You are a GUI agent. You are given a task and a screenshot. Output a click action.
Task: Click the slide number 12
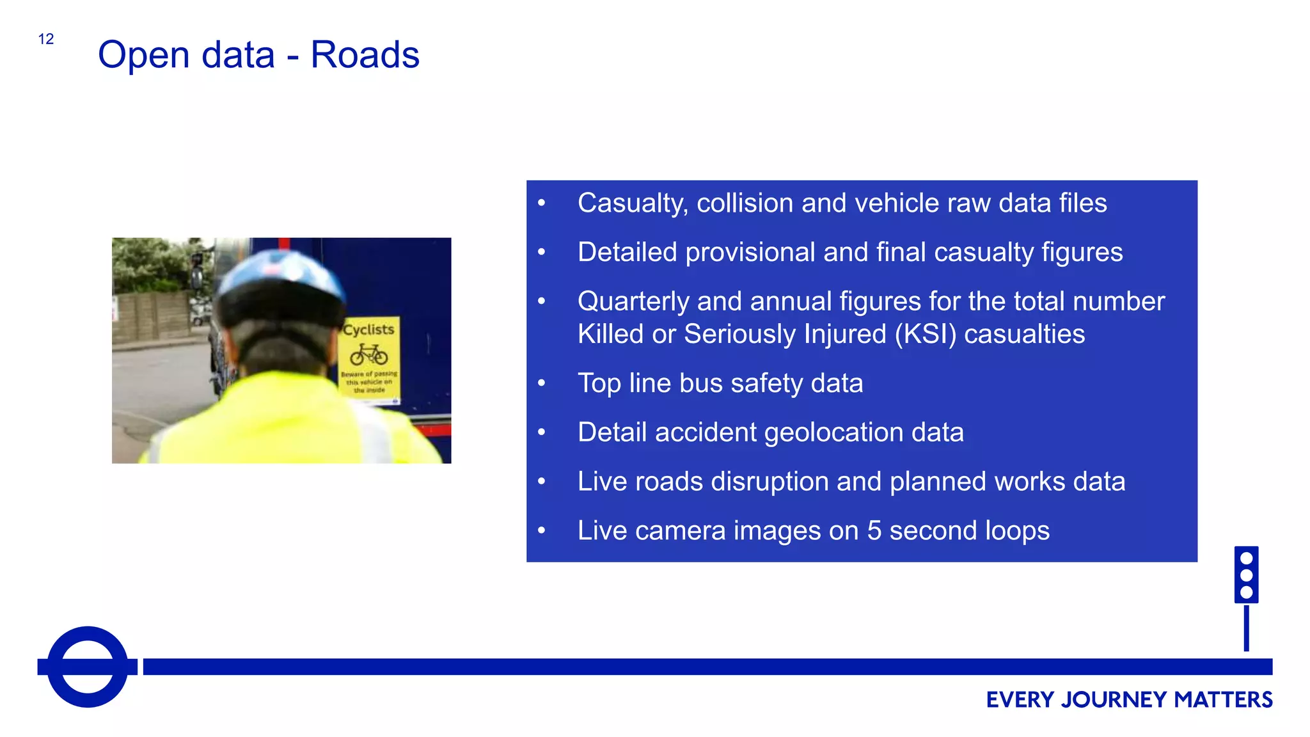(46, 39)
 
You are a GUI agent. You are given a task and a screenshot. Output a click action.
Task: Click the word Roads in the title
(365, 55)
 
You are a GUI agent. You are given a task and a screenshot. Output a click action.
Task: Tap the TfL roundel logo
(88, 667)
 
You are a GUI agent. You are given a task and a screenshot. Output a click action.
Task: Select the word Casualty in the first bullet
(633, 203)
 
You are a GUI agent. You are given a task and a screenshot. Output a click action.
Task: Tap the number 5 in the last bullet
(874, 531)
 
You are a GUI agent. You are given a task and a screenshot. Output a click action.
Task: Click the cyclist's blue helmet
(281, 275)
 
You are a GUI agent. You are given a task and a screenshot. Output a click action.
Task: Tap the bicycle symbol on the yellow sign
(369, 354)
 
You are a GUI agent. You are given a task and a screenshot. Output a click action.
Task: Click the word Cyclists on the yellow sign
(369, 329)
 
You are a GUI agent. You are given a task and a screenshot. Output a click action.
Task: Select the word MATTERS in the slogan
(1223, 700)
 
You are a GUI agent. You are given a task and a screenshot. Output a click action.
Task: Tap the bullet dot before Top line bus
(542, 383)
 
